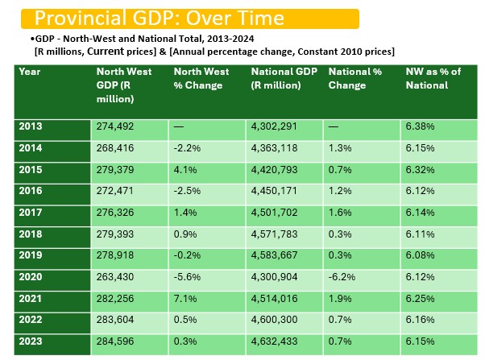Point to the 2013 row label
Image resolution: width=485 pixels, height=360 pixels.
tap(30, 126)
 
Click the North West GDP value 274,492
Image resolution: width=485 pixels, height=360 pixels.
tap(118, 126)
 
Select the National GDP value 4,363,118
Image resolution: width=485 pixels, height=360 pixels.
tap(279, 148)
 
